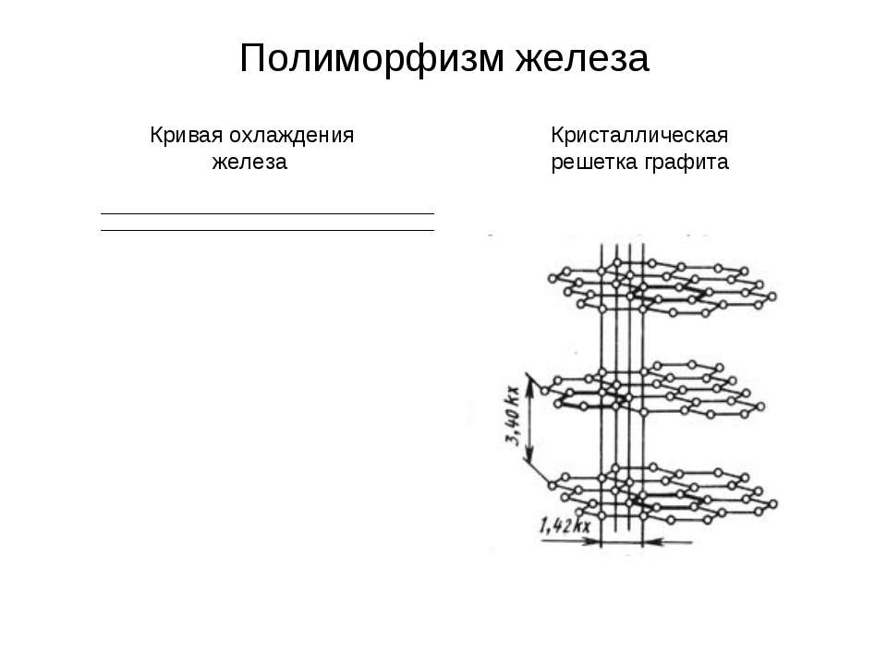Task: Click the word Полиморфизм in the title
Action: tap(371, 58)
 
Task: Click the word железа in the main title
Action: tap(582, 58)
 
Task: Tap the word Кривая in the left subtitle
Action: tap(186, 136)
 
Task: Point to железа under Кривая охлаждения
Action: tap(249, 163)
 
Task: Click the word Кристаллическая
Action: tap(639, 136)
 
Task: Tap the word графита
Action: tap(685, 163)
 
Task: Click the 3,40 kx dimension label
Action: tap(513, 416)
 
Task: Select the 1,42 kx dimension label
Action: tap(565, 526)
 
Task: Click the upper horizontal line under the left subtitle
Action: tap(267, 213)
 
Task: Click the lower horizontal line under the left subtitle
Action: tap(267, 231)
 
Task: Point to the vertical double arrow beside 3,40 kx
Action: tap(529, 418)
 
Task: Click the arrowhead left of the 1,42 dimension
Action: tap(593, 542)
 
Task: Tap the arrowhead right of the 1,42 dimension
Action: tap(650, 542)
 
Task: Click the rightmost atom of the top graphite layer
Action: tap(772, 296)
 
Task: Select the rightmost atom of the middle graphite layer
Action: tap(760, 406)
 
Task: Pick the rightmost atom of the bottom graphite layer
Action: tap(772, 504)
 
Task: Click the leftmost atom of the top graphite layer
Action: tap(553, 278)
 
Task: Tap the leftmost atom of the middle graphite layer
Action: tap(545, 391)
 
